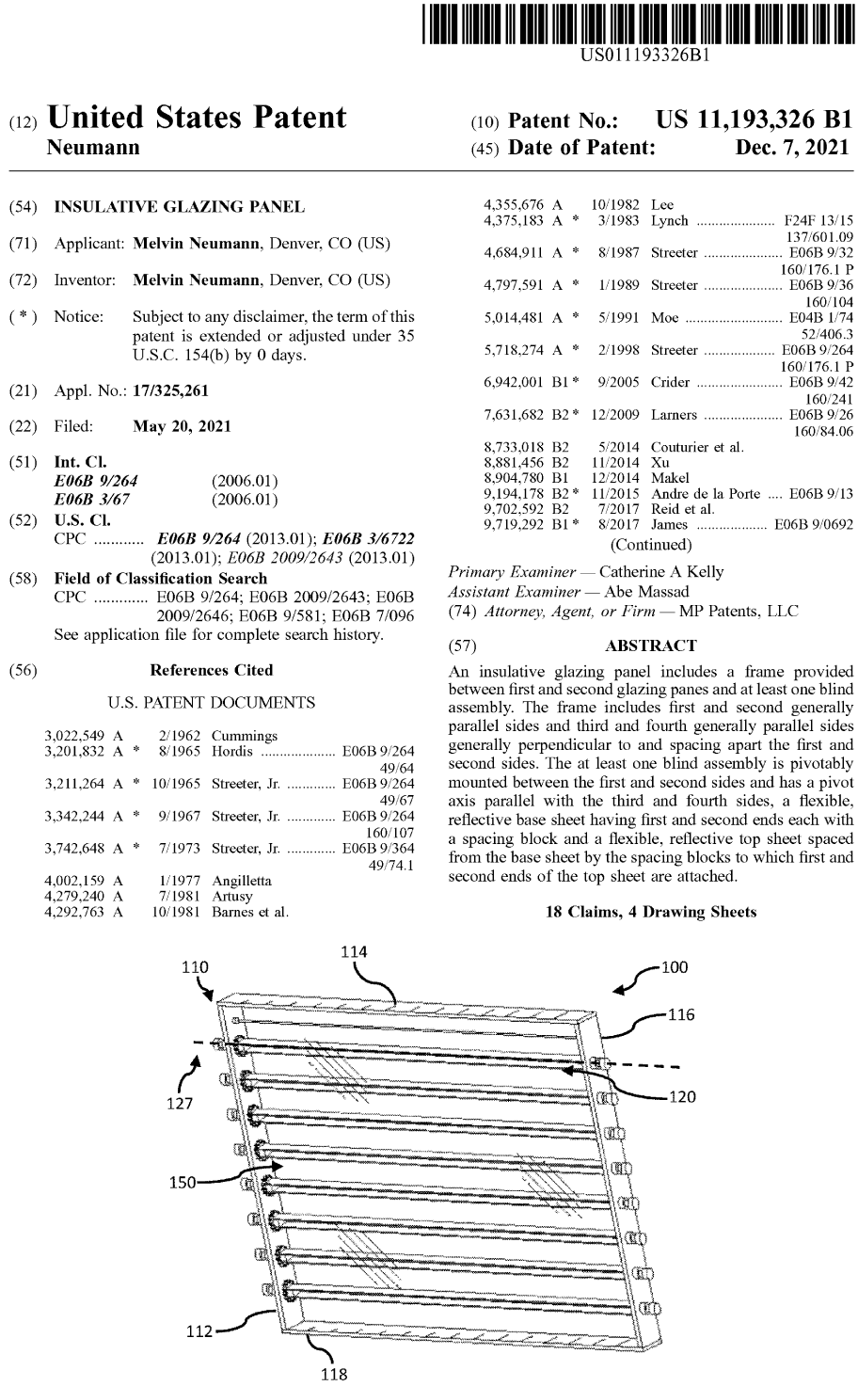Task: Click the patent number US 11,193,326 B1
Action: tap(753, 120)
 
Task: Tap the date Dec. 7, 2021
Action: tap(792, 148)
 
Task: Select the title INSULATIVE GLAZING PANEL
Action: tap(179, 207)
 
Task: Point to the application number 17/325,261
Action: tap(171, 390)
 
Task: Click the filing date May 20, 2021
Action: tap(182, 426)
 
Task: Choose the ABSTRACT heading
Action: tap(650, 645)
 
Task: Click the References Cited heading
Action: tap(212, 670)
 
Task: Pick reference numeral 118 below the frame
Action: tap(334, 1374)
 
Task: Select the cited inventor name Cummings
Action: tap(245, 736)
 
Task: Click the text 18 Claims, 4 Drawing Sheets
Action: tap(650, 912)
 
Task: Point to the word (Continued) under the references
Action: tap(651, 544)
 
